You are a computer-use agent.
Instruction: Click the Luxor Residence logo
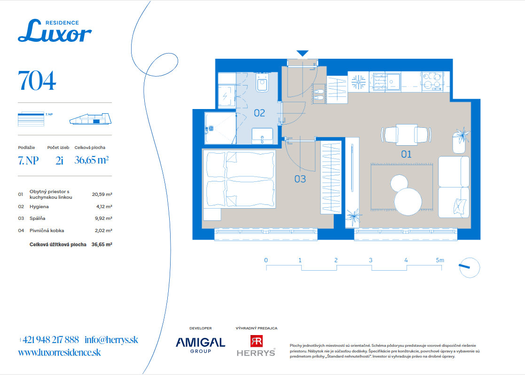point(55,31)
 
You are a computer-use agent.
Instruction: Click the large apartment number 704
point(37,81)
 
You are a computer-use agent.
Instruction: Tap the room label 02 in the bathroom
point(259,113)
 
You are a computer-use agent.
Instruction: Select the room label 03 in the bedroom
point(300,179)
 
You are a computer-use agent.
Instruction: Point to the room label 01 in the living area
point(406,154)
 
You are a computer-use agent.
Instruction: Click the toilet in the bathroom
point(262,82)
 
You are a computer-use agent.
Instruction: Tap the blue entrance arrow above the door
point(302,54)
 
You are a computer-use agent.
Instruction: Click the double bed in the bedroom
point(241,179)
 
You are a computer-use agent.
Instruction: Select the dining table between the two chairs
point(406,134)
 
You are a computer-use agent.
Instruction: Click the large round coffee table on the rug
point(408,202)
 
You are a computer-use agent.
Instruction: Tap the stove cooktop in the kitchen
point(432,81)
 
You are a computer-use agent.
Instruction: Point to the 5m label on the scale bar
point(440,260)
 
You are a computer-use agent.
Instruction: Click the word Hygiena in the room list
point(39,207)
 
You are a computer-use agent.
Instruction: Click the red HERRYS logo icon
point(257,341)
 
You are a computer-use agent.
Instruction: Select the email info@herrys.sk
point(111,340)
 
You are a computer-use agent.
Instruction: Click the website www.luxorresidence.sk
point(60,352)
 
